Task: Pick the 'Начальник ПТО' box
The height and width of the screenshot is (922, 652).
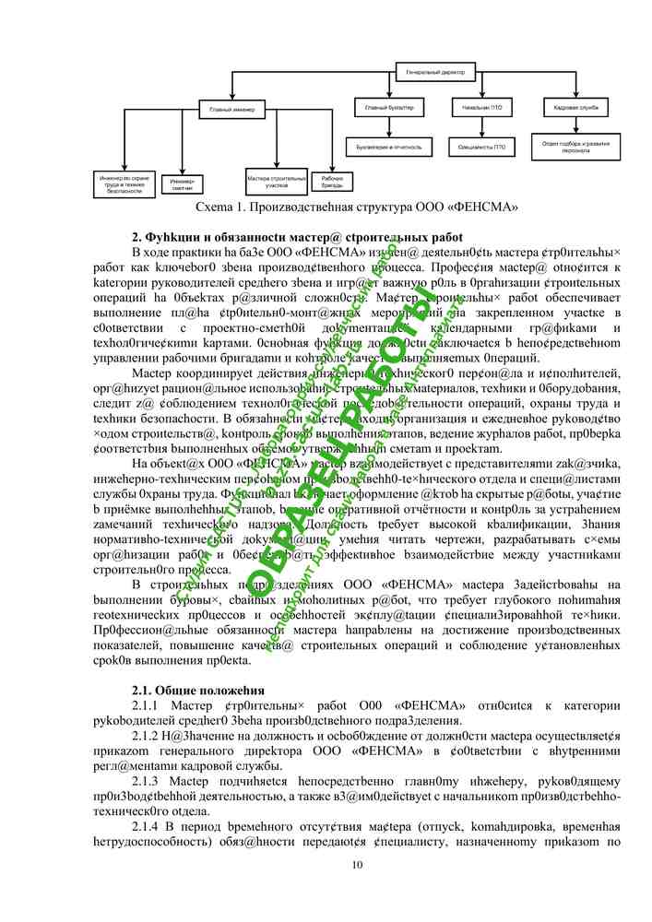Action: click(x=481, y=108)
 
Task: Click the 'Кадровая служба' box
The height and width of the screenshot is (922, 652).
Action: click(x=576, y=108)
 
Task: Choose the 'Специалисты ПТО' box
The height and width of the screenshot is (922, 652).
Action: click(x=481, y=146)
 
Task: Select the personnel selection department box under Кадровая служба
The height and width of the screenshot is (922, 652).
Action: click(x=576, y=147)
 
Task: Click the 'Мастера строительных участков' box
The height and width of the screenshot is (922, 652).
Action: click(x=276, y=181)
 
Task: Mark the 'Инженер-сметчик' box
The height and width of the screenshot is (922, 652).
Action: click(x=182, y=184)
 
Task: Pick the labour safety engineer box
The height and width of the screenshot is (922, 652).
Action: click(x=124, y=183)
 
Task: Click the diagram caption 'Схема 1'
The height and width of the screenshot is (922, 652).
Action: click(x=350, y=207)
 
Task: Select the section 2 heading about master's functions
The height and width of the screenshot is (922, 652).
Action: click(x=297, y=237)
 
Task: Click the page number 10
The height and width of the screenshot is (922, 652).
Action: click(x=358, y=864)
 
